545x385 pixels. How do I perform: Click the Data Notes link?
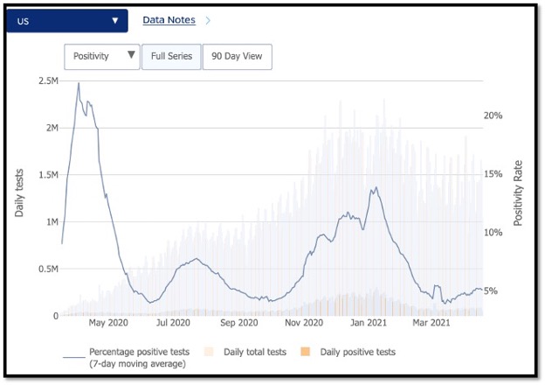168,19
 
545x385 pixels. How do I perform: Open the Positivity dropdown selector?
101,57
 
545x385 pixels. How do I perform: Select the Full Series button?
171,57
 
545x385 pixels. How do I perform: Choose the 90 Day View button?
237,57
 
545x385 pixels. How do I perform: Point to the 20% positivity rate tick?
493,115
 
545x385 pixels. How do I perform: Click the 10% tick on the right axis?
493,233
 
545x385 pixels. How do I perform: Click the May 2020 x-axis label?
108,322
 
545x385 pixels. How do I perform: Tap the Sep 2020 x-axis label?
238,322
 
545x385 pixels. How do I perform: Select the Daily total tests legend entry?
246,352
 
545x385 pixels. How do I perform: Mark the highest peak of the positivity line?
79,83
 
